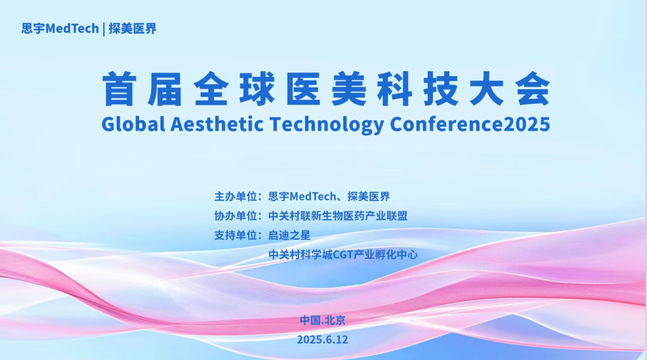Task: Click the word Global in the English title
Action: click(133, 124)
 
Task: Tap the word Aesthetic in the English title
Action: click(217, 124)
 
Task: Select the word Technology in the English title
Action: click(326, 125)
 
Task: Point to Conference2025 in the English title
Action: click(470, 124)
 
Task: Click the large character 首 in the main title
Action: click(120, 89)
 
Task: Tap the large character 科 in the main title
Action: click(394, 89)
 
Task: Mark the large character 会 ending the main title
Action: click(533, 89)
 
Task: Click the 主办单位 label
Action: click(235, 196)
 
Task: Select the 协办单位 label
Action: click(235, 216)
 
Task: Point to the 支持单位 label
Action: click(235, 235)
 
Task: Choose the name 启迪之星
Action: click(289, 235)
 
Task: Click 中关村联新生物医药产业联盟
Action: click(338, 216)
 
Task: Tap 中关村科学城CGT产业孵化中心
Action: click(343, 255)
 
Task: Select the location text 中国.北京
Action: click(322, 320)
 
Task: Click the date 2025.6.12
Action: click(322, 340)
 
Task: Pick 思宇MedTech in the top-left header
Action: click(61, 29)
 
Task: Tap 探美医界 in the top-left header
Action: click(132, 29)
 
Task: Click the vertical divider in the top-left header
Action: click(104, 29)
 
